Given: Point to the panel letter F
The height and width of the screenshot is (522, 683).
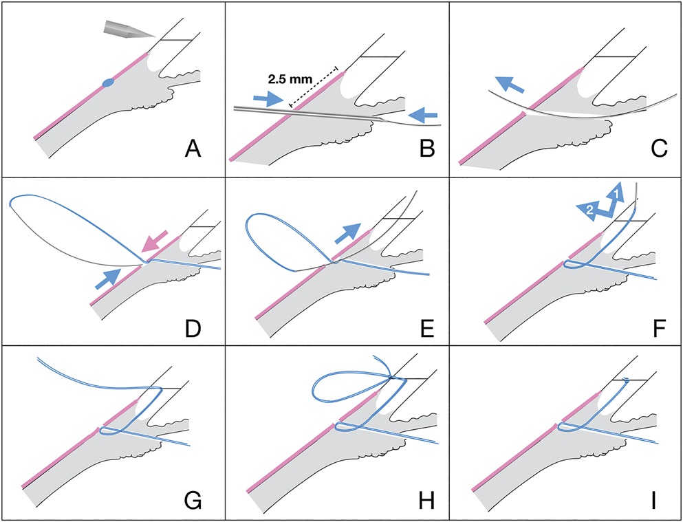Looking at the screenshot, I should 647,322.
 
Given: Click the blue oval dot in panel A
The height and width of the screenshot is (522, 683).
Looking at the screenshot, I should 108,83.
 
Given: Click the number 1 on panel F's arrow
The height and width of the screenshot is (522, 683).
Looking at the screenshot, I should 617,194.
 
